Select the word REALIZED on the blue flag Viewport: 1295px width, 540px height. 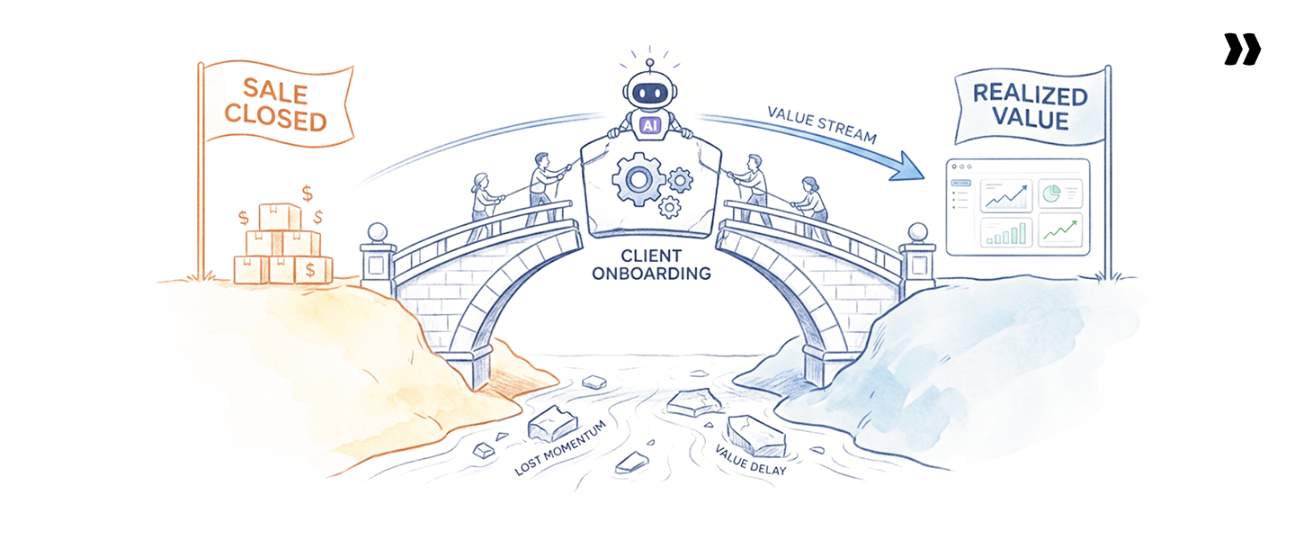point(1031,96)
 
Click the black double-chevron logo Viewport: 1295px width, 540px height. point(1242,49)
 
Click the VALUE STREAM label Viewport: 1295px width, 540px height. point(819,125)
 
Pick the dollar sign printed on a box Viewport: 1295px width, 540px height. point(311,269)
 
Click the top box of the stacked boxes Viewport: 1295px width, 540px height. point(280,217)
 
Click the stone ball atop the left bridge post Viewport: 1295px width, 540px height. point(377,231)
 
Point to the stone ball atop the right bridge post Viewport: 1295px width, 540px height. point(917,231)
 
